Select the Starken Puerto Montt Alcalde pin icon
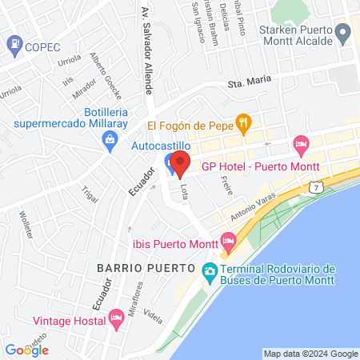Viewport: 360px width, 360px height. [343, 33]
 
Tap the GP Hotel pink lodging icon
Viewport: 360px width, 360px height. [301, 146]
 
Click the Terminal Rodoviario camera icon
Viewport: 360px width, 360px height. [210, 271]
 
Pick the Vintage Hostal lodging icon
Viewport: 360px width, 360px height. [117, 318]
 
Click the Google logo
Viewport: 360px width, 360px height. [26, 350]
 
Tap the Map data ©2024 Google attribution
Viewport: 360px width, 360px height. [311, 354]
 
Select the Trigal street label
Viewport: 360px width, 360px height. [90, 196]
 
